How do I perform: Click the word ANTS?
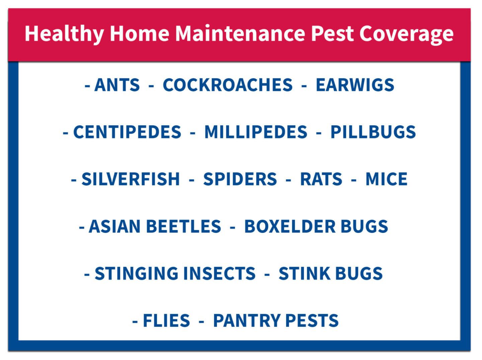tap(117, 85)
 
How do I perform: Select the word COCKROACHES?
tap(227, 85)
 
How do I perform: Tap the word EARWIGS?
tap(355, 85)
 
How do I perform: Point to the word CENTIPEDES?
tap(127, 132)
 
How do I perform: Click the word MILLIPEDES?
tap(256, 132)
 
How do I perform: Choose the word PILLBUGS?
tap(373, 132)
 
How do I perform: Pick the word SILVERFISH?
tap(131, 179)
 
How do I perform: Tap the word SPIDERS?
tap(240, 179)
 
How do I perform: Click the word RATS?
tap(321, 179)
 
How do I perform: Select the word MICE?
tap(386, 179)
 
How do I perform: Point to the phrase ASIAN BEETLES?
tap(155, 227)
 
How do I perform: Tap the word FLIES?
tap(166, 321)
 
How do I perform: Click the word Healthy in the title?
tap(64, 34)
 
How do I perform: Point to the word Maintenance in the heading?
tap(240, 33)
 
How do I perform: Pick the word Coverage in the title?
tap(406, 34)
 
